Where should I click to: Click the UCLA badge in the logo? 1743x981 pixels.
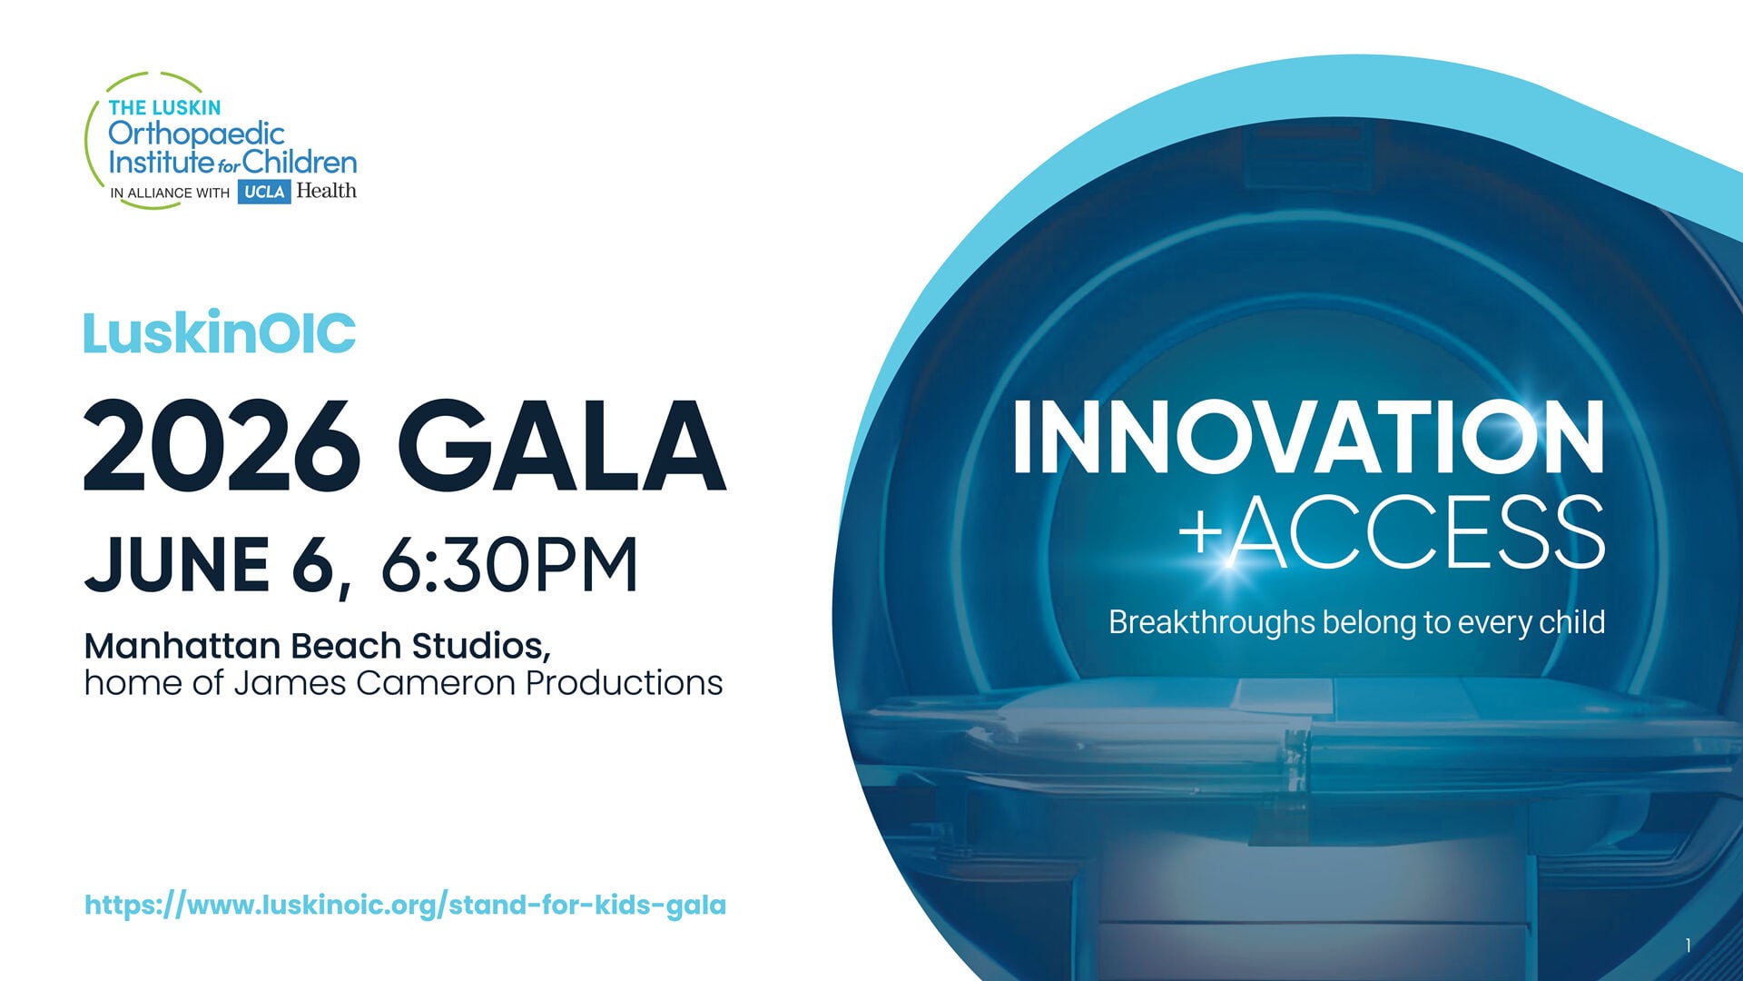click(264, 192)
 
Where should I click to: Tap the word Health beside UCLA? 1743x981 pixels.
click(326, 191)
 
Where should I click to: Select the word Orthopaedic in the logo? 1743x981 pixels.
click(196, 134)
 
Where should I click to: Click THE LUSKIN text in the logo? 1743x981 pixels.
click(164, 107)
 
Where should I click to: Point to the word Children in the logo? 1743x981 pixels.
click(300, 163)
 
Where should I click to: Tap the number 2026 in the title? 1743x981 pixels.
click(222, 447)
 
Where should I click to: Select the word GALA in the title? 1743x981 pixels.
click(560, 447)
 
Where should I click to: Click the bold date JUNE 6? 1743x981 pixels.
click(211, 565)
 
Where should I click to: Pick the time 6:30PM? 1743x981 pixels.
click(509, 565)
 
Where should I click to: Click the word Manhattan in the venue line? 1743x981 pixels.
click(182, 646)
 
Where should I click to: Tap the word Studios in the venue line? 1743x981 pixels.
click(480, 646)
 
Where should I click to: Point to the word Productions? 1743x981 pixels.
click(625, 683)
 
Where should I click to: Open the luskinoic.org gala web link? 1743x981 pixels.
click(405, 905)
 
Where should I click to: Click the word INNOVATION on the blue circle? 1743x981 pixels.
click(1308, 438)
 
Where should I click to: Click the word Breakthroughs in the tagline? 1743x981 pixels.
click(1211, 622)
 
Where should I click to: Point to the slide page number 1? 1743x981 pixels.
click(1688, 946)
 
